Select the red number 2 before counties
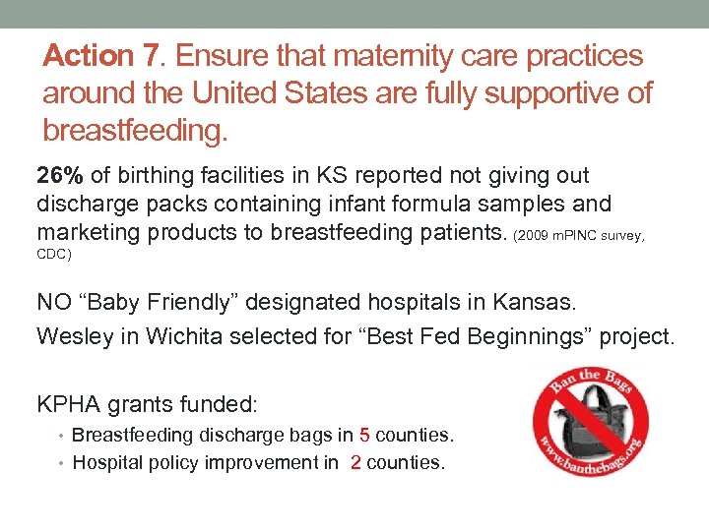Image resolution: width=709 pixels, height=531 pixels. tap(354, 462)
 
